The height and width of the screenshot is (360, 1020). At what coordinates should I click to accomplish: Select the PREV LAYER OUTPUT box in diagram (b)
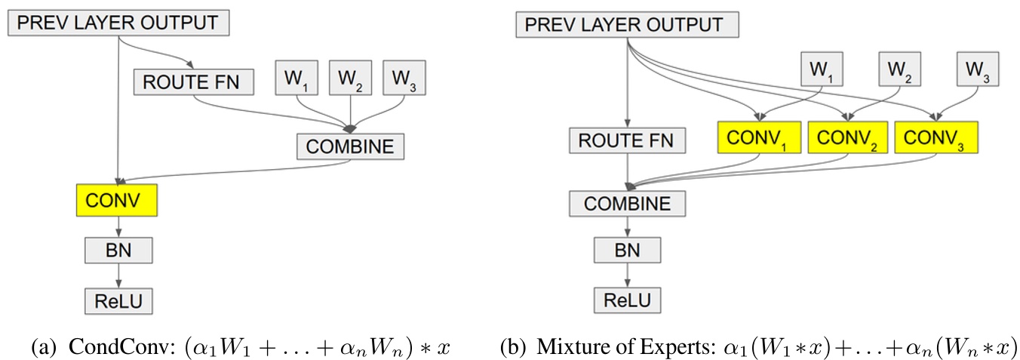(627, 26)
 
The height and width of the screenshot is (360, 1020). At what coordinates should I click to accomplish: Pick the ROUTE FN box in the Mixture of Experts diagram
(626, 140)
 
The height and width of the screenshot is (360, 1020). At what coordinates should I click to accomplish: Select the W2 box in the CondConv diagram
(351, 78)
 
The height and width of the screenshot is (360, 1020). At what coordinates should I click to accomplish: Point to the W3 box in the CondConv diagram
(404, 78)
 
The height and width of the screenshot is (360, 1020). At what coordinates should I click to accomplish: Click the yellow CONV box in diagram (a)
(117, 201)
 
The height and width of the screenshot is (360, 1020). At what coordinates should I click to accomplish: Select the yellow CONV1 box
(759, 139)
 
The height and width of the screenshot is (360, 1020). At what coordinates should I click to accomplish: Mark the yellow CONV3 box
(936, 139)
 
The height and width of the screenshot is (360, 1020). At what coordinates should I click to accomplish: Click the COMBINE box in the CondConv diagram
(350, 146)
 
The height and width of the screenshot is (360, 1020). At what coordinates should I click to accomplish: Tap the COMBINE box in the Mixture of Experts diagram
(627, 204)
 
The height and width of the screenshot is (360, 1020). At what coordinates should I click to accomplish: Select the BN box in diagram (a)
(117, 250)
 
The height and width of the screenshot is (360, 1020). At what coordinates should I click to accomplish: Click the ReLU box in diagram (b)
(627, 300)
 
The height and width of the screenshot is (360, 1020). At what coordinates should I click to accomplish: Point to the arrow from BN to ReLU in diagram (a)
(117, 275)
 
